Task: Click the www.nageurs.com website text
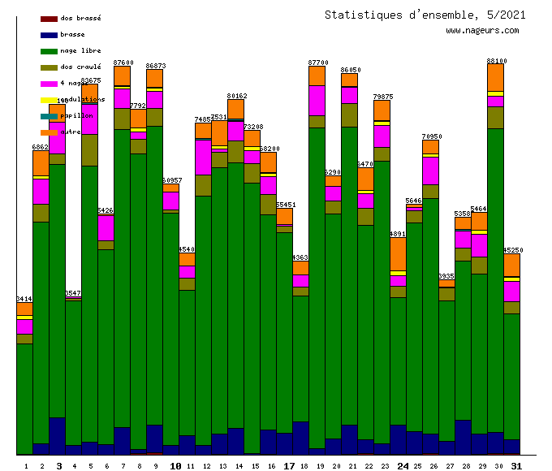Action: point(482,31)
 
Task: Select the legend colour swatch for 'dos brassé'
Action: point(49,18)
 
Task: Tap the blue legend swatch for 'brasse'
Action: point(49,35)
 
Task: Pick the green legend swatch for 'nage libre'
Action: point(49,51)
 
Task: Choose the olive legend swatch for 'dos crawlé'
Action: point(49,67)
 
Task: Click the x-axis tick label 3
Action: point(58,466)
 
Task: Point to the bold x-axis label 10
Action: point(175,466)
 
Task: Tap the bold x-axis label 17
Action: point(289,466)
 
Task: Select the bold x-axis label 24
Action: point(403,466)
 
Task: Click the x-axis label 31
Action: point(516,466)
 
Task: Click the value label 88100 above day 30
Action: point(496,61)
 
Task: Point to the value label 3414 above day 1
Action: point(24,300)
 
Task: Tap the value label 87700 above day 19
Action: point(318,63)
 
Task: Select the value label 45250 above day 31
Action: point(512,250)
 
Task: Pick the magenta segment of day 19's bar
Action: point(317,100)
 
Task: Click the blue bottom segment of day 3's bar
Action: point(57,435)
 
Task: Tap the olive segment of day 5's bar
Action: point(89,150)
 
